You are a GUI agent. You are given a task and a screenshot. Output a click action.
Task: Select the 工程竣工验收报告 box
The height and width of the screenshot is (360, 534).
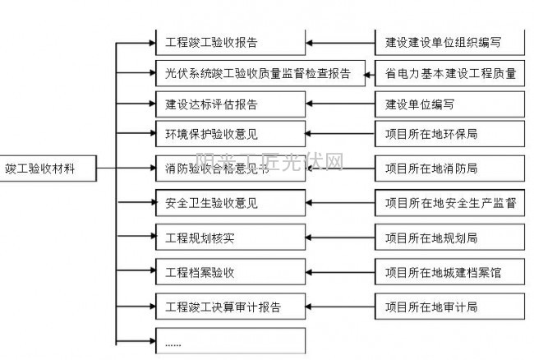point(230,41)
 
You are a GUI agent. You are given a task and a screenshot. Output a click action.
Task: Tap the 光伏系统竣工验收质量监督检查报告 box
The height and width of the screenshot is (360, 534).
point(255,73)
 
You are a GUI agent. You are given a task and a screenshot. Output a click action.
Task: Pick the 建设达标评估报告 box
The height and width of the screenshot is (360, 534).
point(230,104)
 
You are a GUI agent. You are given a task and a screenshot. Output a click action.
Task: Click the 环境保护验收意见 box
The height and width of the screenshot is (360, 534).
point(230,133)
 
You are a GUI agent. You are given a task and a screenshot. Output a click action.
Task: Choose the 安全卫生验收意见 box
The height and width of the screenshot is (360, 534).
point(230,201)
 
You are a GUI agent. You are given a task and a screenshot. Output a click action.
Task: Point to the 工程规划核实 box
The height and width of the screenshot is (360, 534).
point(230,238)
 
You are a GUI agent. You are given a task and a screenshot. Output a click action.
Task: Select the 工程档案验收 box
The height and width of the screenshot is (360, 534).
point(230,272)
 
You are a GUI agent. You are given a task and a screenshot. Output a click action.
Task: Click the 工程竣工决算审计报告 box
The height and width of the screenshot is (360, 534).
point(230,307)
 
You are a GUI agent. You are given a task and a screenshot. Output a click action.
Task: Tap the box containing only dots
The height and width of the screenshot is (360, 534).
point(230,340)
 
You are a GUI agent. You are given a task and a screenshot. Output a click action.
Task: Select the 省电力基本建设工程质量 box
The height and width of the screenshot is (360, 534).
point(450,73)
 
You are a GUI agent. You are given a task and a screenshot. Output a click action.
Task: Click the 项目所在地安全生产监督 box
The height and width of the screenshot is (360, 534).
point(450,201)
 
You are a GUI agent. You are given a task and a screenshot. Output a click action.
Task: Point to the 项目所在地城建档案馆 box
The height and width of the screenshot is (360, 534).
point(450,272)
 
